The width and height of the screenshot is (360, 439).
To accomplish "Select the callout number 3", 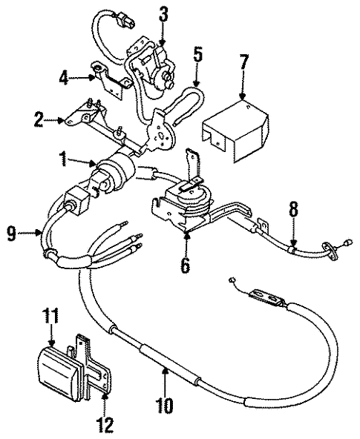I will [x=163, y=13].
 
